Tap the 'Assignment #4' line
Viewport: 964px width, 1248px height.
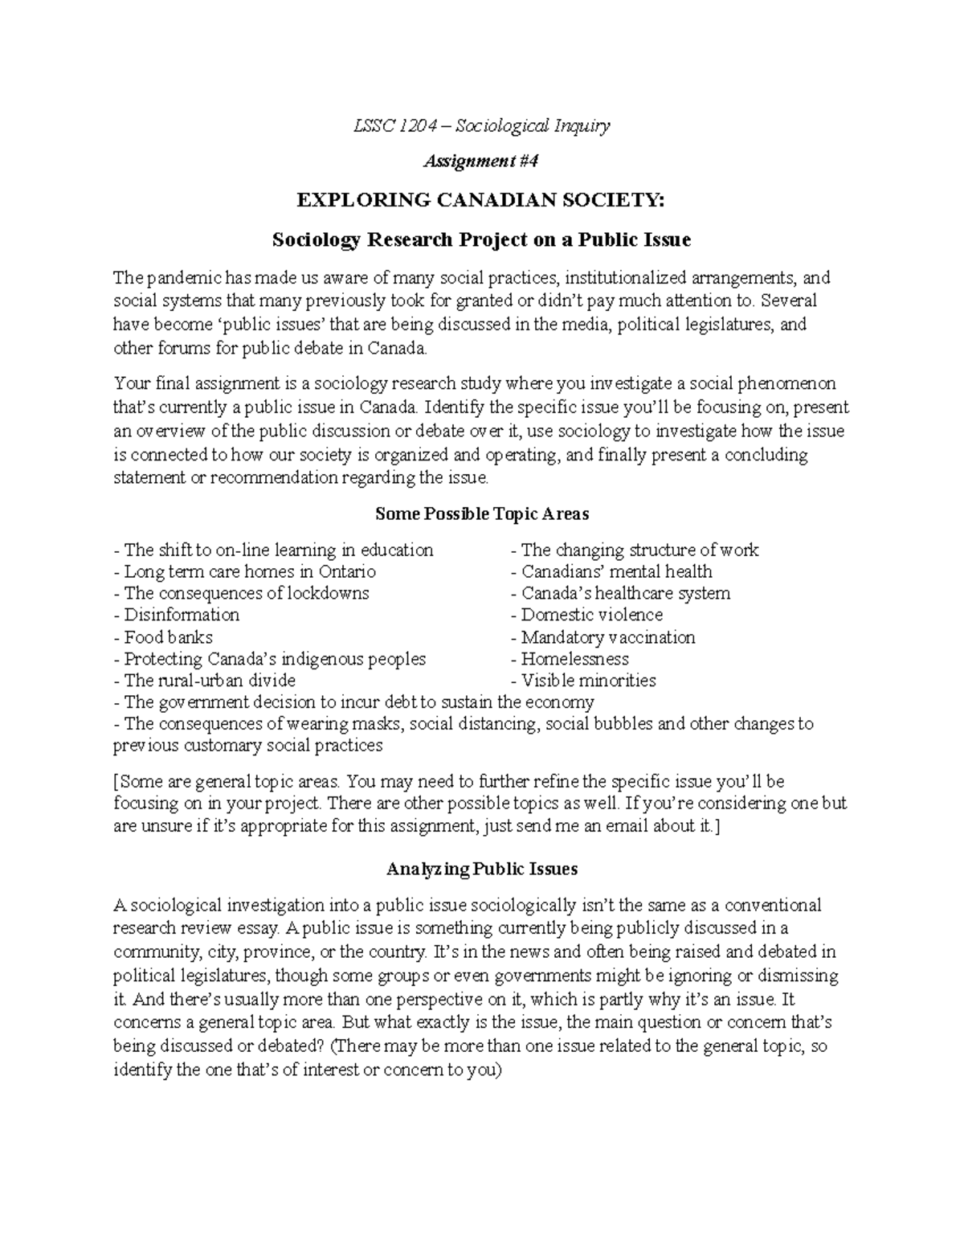480,162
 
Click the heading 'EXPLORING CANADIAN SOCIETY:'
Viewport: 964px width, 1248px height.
480,200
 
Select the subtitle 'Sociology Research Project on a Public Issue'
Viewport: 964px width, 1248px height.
480,239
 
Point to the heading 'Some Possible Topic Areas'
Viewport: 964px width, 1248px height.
481,514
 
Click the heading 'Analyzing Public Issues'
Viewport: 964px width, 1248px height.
481,870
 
